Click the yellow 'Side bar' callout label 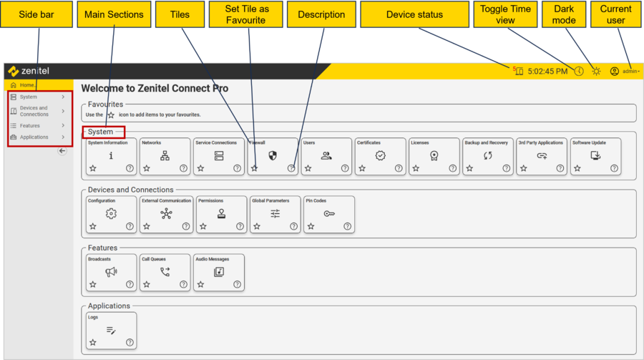(x=37, y=14)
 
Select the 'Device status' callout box (x=414, y=14)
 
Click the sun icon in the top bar (x=596, y=72)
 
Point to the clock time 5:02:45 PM (x=547, y=72)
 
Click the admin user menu (x=625, y=72)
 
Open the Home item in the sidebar (x=26, y=85)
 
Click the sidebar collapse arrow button (x=62, y=151)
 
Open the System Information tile (x=111, y=156)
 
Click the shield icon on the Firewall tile (x=272, y=155)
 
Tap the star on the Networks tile (x=147, y=168)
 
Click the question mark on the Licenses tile (x=453, y=168)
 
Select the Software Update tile (x=595, y=156)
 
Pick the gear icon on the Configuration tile (x=111, y=213)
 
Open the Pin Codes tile (x=329, y=214)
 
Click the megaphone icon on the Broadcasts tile (x=111, y=272)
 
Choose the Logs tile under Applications (x=111, y=330)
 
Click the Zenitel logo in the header (x=29, y=72)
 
